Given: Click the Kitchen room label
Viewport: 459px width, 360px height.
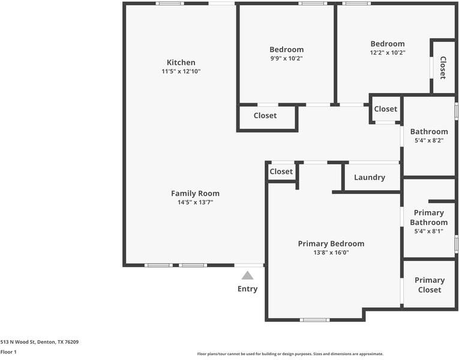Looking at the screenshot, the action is coord(181,62).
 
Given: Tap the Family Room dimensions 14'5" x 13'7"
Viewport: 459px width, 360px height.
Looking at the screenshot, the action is coord(195,202).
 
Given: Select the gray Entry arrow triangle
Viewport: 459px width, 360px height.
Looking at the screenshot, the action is coord(247,275).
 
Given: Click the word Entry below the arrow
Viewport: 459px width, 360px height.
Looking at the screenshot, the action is coord(248,289).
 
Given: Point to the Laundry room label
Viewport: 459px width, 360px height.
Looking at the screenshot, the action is coord(370,178).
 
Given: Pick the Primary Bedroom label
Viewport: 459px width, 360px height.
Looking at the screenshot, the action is coord(331,244).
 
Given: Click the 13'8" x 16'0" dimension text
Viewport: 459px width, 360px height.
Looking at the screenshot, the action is coord(331,253).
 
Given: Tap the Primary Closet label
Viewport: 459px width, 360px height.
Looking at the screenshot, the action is coord(430,285).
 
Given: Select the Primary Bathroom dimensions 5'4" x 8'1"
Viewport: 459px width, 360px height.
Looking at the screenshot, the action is coord(429,231).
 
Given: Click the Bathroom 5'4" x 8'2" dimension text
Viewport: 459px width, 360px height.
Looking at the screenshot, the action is coord(429,140).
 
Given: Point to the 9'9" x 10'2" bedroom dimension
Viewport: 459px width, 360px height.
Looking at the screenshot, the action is coord(286,58).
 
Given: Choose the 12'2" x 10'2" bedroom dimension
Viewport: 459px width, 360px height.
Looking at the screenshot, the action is coord(388,53).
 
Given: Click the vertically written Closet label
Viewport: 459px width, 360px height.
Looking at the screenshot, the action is coord(443,68).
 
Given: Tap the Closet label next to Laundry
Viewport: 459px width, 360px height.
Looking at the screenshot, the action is coord(281,172).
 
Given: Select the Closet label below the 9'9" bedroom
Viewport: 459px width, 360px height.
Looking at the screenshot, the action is coord(265,116).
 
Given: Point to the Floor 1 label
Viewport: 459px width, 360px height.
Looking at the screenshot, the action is coord(8,352).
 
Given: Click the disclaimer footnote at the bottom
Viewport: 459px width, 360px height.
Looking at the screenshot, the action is coord(290,354).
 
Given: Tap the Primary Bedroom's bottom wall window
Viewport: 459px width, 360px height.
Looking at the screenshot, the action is coord(314,320).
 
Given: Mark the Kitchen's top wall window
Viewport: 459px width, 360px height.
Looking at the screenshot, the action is coord(170,4).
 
